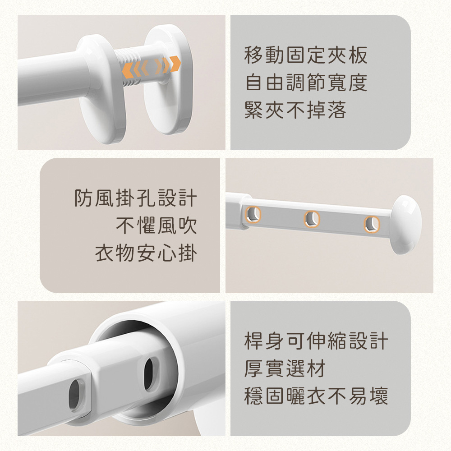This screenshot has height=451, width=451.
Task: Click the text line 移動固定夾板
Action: (x=306, y=55)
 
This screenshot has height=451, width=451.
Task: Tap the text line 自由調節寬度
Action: (x=306, y=83)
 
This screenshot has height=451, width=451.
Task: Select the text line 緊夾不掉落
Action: (x=295, y=110)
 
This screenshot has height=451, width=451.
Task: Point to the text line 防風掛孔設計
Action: (x=136, y=198)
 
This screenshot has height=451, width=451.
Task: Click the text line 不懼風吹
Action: (x=156, y=226)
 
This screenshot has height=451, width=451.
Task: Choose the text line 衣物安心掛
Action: (x=146, y=253)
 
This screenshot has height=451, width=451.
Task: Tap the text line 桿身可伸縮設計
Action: (x=316, y=341)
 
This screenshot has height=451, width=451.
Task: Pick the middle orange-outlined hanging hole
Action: (x=312, y=219)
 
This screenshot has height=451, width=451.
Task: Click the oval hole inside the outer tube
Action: (x=151, y=373)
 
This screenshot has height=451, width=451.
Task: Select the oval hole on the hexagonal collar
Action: (x=78, y=394)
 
